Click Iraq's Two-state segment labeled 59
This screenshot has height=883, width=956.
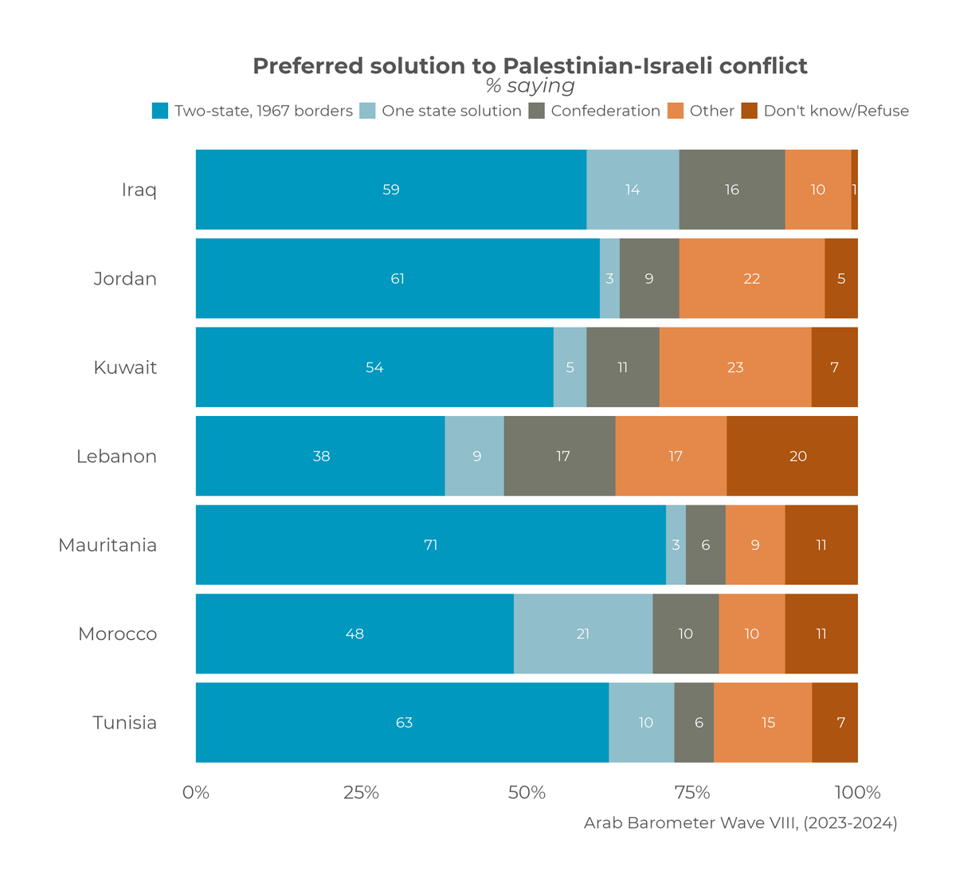tap(390, 190)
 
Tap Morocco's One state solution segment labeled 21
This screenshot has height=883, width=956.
tap(583, 634)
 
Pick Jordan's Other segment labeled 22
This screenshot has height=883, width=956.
tap(751, 278)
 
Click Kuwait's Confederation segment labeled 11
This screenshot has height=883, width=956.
tap(623, 367)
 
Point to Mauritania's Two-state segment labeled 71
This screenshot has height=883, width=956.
tap(430, 545)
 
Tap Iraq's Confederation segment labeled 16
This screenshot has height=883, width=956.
tap(731, 190)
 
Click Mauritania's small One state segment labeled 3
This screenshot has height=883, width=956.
tap(676, 545)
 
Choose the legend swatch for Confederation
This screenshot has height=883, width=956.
tap(537, 111)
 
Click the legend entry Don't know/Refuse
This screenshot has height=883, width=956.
tap(836, 111)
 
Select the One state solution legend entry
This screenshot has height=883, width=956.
tap(451, 111)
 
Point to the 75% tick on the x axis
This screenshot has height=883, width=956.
tap(692, 793)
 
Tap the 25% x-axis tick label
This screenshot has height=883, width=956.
tap(361, 793)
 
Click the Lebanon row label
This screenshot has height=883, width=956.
tap(116, 457)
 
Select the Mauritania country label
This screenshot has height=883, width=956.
tap(108, 545)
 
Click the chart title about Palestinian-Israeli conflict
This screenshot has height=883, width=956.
tap(530, 65)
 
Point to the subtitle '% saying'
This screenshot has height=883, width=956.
tap(530, 86)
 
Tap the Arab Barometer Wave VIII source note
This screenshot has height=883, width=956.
tap(740, 823)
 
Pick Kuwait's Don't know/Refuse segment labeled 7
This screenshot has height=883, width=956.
tap(834, 367)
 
